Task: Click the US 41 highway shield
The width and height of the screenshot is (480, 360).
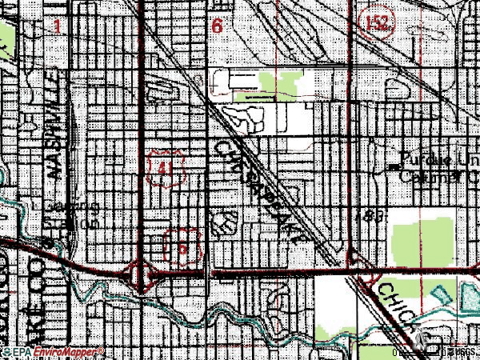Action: (x=166, y=168)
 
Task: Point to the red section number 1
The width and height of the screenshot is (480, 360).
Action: (x=57, y=26)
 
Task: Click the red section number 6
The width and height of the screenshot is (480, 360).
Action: (x=217, y=26)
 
